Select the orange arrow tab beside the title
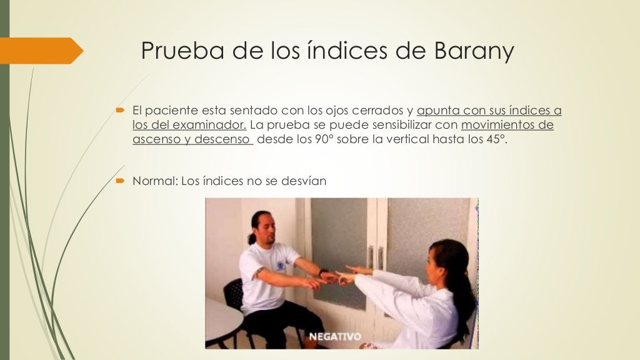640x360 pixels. tap(41, 51)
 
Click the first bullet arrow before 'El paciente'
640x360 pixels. tap(121, 111)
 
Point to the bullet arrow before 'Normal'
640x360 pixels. tap(121, 181)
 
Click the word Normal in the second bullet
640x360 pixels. tap(154, 181)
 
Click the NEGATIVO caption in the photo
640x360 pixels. tap(336, 337)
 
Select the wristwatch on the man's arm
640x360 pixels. tap(322, 272)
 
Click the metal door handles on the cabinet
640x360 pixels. tap(375, 257)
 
